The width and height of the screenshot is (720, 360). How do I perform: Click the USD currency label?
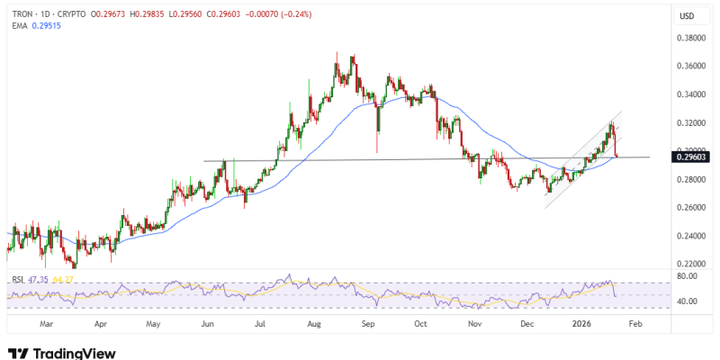click(686, 16)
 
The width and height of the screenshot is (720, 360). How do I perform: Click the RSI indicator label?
click(17, 279)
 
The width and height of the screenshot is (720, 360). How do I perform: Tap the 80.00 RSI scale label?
click(688, 277)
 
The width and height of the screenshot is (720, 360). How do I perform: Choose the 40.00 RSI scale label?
click(688, 301)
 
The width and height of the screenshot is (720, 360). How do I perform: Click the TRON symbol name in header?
click(22, 12)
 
